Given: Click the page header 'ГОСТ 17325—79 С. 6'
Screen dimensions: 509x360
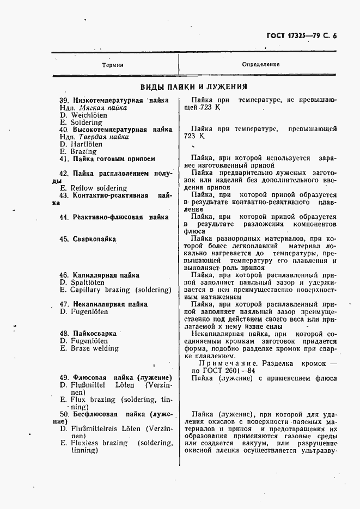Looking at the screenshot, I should (x=302, y=37).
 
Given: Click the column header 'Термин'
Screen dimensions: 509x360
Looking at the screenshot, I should (x=113, y=65).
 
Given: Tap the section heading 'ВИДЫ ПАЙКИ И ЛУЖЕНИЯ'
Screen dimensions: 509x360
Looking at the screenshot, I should (x=193, y=87).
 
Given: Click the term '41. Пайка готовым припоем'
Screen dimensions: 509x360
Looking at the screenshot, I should (x=107, y=159).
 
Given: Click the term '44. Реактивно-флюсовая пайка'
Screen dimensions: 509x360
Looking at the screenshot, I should (x=113, y=217).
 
